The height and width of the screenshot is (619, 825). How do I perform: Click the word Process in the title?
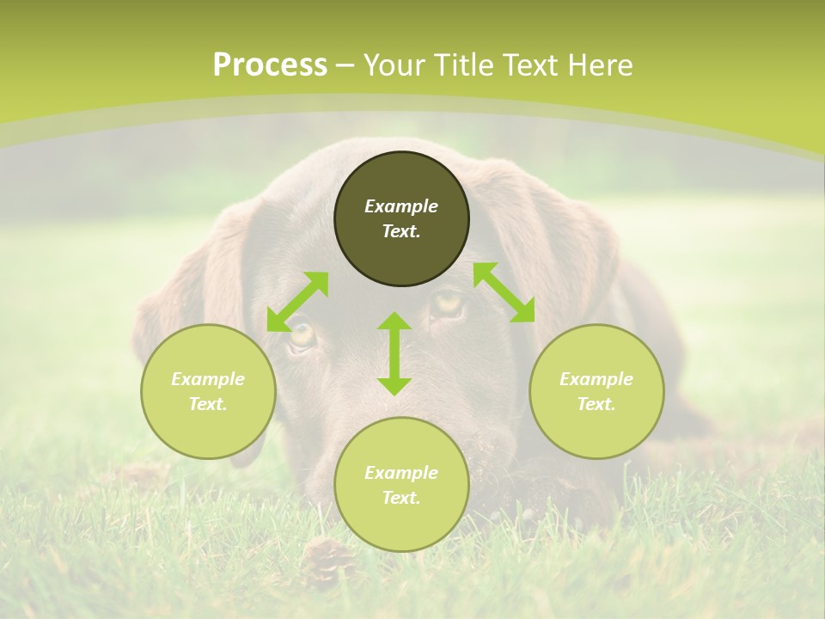tap(270, 65)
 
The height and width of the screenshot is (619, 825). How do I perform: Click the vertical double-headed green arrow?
tap(394, 353)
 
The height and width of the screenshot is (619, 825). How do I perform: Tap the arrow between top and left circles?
tap(297, 301)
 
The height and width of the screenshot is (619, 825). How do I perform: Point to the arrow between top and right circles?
tap(504, 292)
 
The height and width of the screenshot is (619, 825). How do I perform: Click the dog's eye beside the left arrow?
tap(302, 336)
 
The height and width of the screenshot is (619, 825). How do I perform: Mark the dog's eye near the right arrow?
tap(447, 303)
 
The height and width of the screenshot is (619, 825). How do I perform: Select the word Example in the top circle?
tap(401, 206)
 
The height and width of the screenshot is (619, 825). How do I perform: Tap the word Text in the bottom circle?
tap(400, 498)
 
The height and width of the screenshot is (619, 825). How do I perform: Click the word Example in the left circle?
tap(208, 379)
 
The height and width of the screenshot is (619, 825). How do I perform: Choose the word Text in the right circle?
tap(596, 404)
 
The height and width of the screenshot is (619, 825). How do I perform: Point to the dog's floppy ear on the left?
tap(185, 292)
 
